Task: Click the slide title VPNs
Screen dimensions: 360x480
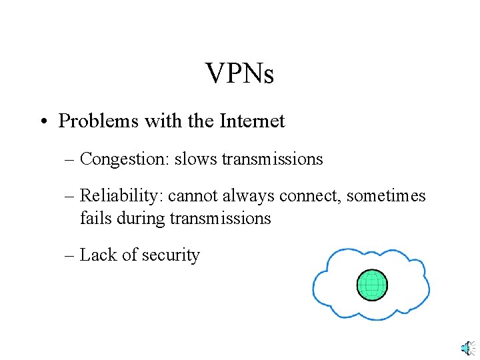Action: pyautogui.click(x=239, y=73)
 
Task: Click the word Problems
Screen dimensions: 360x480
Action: pyautogui.click(x=87, y=121)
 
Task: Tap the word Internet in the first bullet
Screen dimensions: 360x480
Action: pyautogui.click(x=254, y=121)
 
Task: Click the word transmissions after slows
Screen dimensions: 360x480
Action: pyautogui.click(x=272, y=159)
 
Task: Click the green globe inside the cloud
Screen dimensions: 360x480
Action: pyautogui.click(x=371, y=285)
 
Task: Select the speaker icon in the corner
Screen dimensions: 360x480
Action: pyautogui.click(x=467, y=347)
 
